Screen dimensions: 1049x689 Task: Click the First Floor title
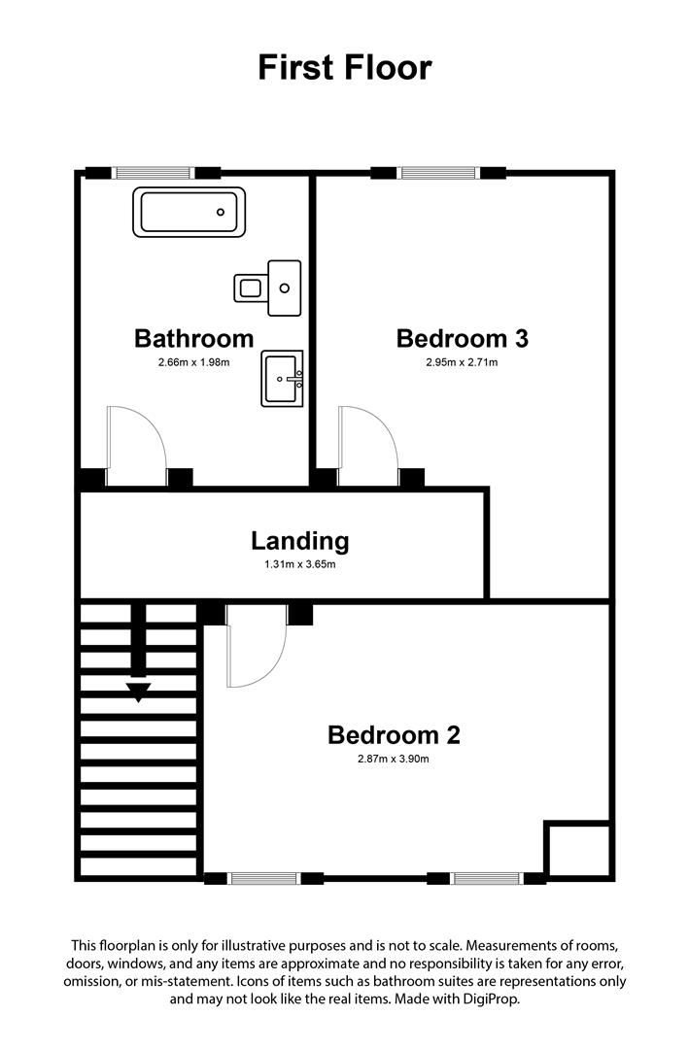344,68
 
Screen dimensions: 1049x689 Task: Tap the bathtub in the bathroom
190,211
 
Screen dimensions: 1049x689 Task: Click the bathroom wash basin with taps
282,378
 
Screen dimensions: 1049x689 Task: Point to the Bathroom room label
193,338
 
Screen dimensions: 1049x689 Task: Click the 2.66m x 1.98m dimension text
193,363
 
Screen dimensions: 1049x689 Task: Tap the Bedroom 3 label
462,338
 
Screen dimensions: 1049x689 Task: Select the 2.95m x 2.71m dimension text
462,363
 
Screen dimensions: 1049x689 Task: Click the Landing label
299,541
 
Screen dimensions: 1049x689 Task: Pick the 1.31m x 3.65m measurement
299,564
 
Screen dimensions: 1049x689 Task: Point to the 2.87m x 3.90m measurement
393,760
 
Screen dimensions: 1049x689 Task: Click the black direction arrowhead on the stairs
139,692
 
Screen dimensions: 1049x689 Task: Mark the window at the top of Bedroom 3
438,174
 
